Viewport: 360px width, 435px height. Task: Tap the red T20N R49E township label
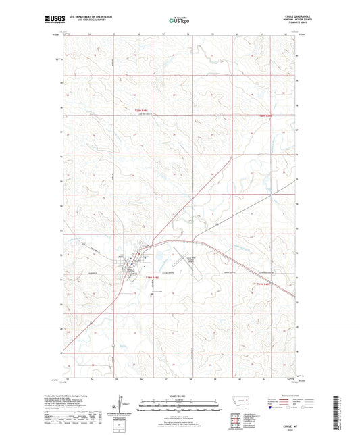[x=269, y=116]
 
